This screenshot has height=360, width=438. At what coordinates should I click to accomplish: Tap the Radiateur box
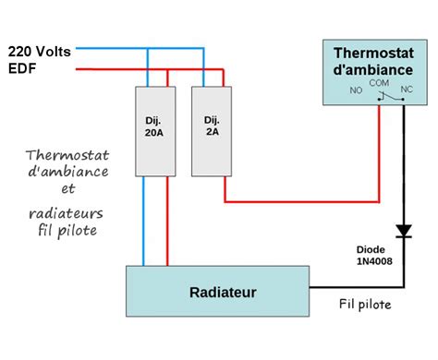(218, 292)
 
